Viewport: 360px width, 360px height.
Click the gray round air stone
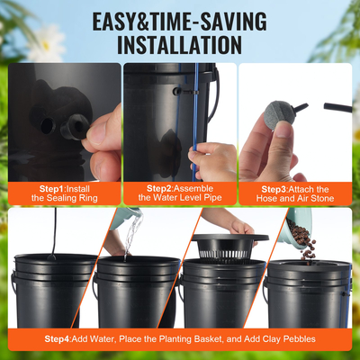point(268,127)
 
